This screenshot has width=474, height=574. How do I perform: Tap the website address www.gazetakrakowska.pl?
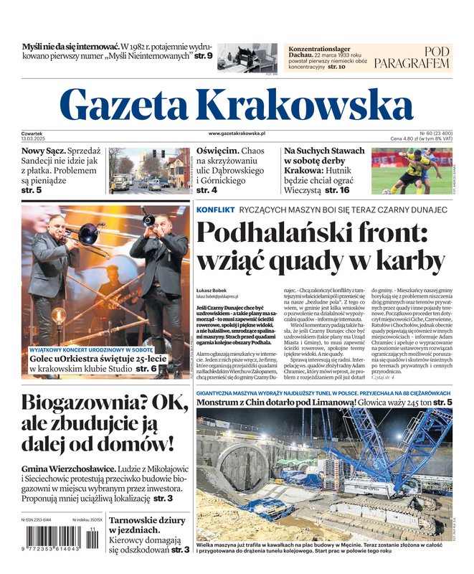pyautogui.click(x=237, y=133)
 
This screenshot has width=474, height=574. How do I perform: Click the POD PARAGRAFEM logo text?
pyautogui.click(x=422, y=57)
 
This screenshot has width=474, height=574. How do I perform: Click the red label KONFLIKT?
pyautogui.click(x=215, y=210)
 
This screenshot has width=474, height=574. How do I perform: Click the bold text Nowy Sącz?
pyautogui.click(x=43, y=152)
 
